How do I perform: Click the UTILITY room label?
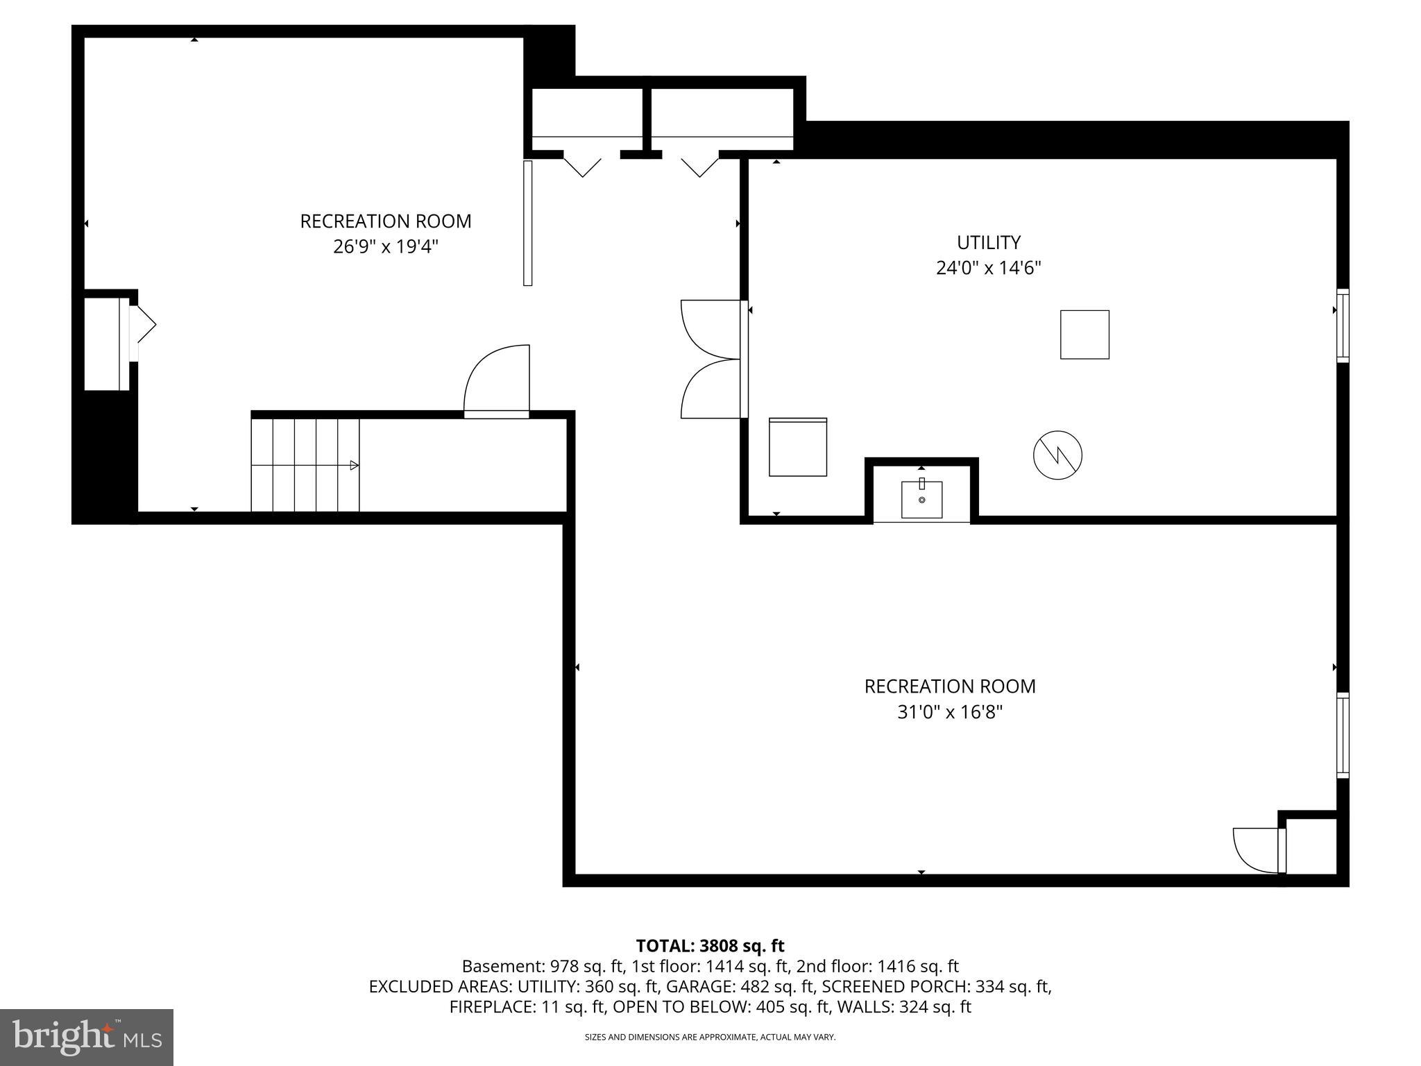pos(988,242)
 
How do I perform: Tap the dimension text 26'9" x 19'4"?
pos(385,246)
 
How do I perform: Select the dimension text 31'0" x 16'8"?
pos(949,711)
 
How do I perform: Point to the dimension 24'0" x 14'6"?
pos(988,268)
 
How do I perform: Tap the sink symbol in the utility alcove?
pos(921,499)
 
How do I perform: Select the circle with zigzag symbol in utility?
pos(1057,455)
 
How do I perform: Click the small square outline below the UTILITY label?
pos(1084,335)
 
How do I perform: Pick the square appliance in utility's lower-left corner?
pos(797,447)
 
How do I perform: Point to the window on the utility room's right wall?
pos(1343,325)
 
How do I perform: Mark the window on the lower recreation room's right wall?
pos(1343,736)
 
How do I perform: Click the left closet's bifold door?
pos(582,165)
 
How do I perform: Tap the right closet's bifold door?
pos(699,165)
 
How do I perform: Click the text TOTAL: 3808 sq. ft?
pos(710,945)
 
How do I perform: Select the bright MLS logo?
pos(87,1037)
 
